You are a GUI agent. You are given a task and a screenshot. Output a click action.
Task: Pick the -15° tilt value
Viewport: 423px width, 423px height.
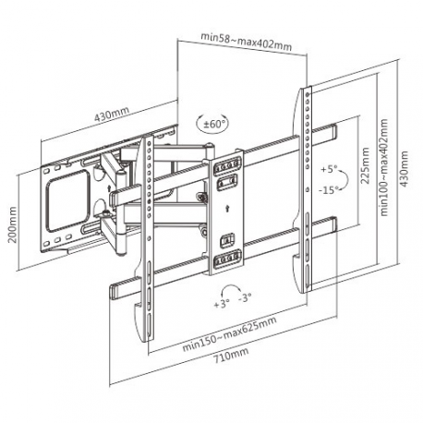point(328,190)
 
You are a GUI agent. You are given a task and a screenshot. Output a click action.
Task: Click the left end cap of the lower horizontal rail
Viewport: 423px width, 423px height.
point(116,288)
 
